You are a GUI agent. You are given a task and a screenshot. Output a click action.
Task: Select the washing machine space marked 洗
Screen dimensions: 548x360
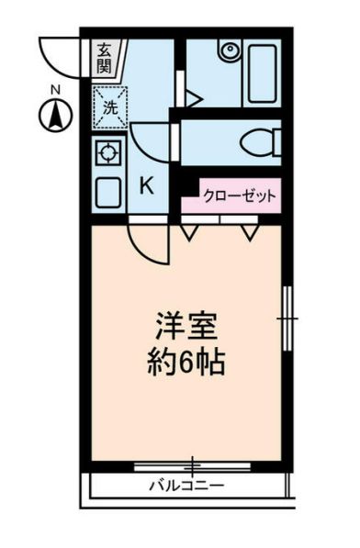click(x=109, y=105)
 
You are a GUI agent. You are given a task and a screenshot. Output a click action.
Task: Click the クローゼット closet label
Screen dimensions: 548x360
click(x=240, y=196)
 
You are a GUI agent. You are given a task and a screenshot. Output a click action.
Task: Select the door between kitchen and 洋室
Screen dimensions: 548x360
click(x=149, y=242)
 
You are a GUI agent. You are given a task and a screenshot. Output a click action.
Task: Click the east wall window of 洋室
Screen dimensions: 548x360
click(x=287, y=317)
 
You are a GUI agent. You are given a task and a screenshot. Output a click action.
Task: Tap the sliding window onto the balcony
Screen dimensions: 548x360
click(x=193, y=464)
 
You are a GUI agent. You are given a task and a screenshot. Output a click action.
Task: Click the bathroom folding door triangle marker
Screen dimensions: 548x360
click(x=192, y=97)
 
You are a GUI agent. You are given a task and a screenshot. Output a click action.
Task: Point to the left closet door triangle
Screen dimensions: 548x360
click(x=189, y=234)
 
